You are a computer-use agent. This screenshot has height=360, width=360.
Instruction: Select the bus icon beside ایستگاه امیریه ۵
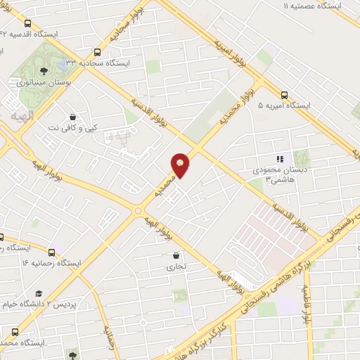click(285, 94)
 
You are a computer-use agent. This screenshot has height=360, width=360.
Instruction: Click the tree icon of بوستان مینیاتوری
click(44, 70)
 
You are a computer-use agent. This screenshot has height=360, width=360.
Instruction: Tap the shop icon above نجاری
click(175, 255)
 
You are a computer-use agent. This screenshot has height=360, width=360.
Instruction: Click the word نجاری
click(175, 267)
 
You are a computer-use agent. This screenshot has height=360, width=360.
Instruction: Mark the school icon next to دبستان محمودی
click(279, 159)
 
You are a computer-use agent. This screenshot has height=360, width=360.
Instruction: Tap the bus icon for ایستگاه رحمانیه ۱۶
click(51, 251)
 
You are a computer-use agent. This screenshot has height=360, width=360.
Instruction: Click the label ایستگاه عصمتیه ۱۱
click(312, 6)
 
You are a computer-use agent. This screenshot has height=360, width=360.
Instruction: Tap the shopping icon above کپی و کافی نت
click(73, 117)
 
